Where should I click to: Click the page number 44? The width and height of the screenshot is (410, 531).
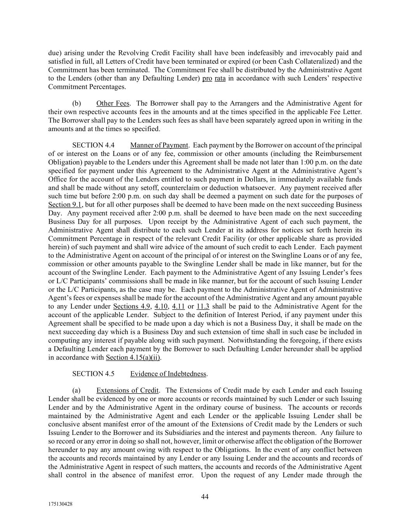click(205, 496)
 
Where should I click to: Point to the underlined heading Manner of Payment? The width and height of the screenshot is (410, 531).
click(159, 145)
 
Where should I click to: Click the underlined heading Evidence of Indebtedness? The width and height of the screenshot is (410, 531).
click(168, 374)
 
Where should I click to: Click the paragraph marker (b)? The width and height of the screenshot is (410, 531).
click(77, 103)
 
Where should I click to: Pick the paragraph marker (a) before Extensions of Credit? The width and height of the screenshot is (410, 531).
click(77, 390)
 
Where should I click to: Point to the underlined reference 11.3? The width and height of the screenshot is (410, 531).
click(203, 307)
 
